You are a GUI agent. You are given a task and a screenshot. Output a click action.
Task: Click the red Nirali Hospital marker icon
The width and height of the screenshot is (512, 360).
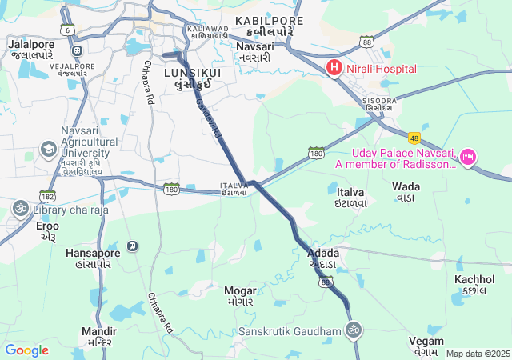(334, 70)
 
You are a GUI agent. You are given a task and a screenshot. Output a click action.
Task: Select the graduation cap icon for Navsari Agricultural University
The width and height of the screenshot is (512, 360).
(49, 150)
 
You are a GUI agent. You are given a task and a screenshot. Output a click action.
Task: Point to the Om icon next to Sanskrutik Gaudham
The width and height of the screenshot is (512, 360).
(353, 330)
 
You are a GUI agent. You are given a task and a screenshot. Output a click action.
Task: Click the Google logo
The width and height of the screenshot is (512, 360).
(26, 350)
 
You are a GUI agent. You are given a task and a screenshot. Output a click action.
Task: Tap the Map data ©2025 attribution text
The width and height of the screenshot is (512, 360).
(477, 354)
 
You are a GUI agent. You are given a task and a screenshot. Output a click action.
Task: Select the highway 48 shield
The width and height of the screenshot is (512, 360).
(414, 138)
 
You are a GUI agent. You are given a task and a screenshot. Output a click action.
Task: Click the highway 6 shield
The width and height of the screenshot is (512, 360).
(68, 30)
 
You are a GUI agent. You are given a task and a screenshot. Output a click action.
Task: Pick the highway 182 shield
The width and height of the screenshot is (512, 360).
(46, 195)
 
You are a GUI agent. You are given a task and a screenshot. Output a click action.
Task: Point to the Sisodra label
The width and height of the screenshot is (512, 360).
(378, 101)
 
